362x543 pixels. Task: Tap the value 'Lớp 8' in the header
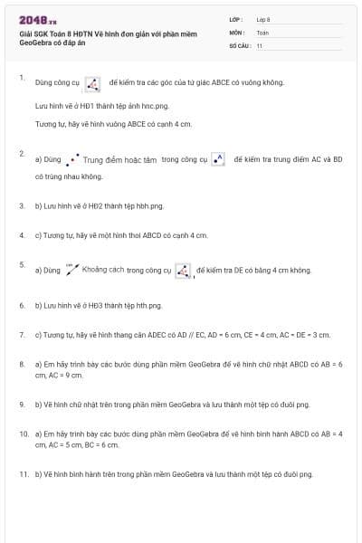click(263, 19)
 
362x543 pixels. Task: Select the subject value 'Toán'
click(262, 32)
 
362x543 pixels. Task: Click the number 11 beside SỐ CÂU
click(260, 45)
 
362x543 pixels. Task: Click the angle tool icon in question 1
click(92, 83)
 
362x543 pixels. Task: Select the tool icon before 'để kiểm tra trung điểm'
click(217, 158)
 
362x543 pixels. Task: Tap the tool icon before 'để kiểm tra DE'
click(183, 270)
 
